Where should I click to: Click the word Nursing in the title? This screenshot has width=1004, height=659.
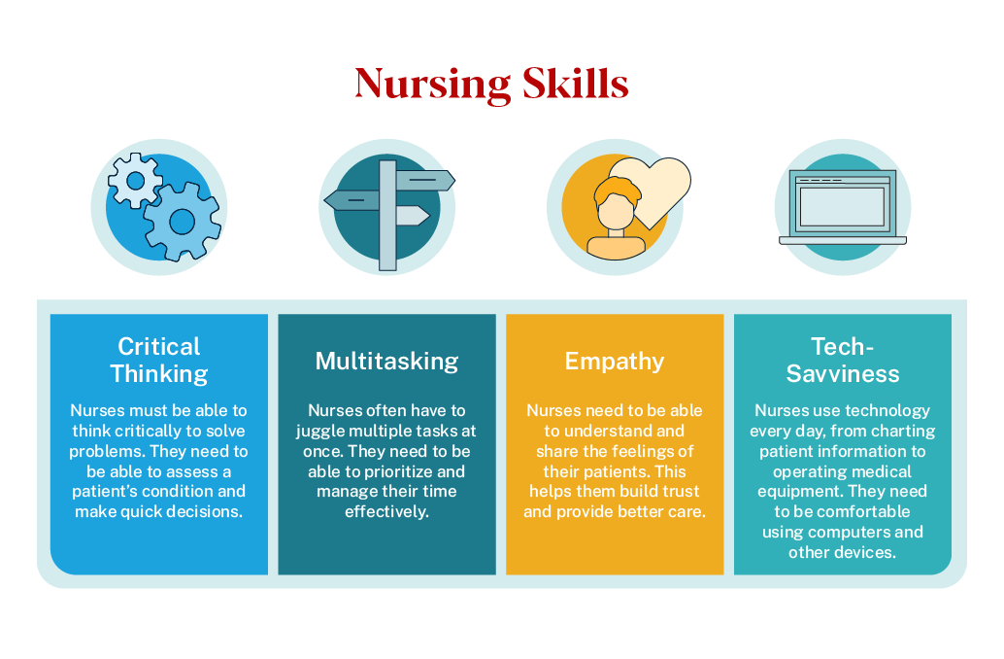coord(432,85)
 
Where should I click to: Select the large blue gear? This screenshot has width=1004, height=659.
coord(182,221)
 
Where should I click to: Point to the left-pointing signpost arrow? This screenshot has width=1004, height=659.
coord(351,200)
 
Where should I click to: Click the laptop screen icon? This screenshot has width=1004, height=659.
coord(842,205)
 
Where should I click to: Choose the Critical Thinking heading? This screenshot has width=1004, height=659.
coord(159,360)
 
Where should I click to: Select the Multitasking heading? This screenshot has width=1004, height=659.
coord(386,362)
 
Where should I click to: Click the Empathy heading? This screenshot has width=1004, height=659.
coord(615,362)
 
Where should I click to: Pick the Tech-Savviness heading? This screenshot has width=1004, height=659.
coord(843,360)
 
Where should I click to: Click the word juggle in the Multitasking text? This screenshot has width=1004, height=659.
coord(321,431)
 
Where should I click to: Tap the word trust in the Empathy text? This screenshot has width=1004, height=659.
coord(679,491)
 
